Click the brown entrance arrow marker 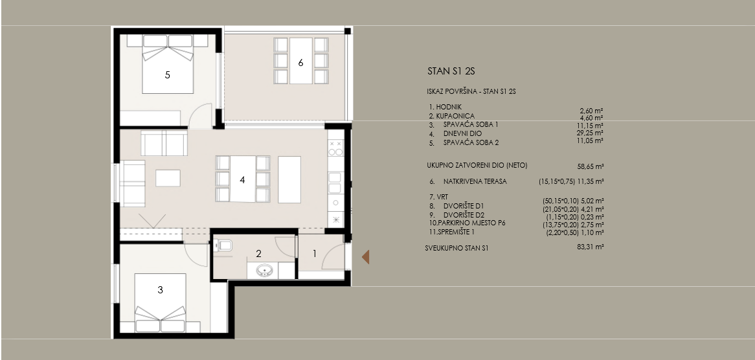point(366,257)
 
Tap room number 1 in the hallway point(315,253)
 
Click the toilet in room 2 point(223,246)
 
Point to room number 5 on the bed point(168,74)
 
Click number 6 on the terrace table point(301,63)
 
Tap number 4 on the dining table point(243,180)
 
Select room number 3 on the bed point(161,289)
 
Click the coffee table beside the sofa point(168,178)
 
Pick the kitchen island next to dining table point(289,179)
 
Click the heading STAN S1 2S point(451,72)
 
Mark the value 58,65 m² point(591,166)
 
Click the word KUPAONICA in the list point(455,116)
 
